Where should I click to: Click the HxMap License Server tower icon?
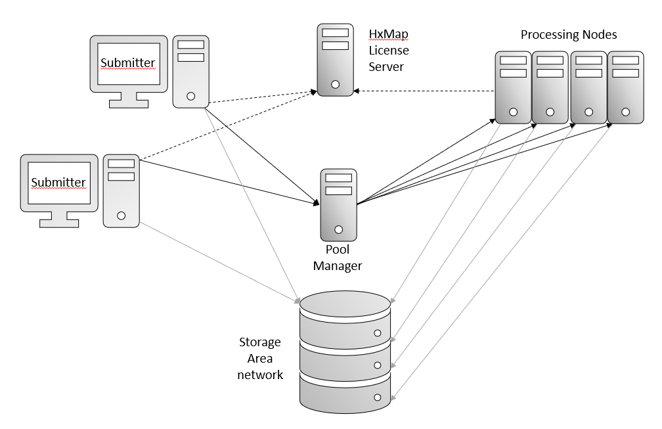335,60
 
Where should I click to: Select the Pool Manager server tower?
338,204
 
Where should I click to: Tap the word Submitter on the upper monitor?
128,63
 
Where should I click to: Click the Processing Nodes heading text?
569,35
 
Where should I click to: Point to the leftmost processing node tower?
513,88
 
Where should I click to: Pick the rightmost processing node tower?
625,88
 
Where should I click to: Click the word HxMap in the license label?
389,34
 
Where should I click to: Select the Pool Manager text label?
338,258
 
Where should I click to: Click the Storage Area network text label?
260,359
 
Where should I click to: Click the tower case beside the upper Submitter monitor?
190,72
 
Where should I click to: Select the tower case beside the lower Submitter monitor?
121,191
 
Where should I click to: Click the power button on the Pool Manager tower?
338,230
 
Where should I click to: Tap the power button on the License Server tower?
335,85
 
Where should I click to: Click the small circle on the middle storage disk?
378,365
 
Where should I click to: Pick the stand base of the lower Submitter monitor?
59,223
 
